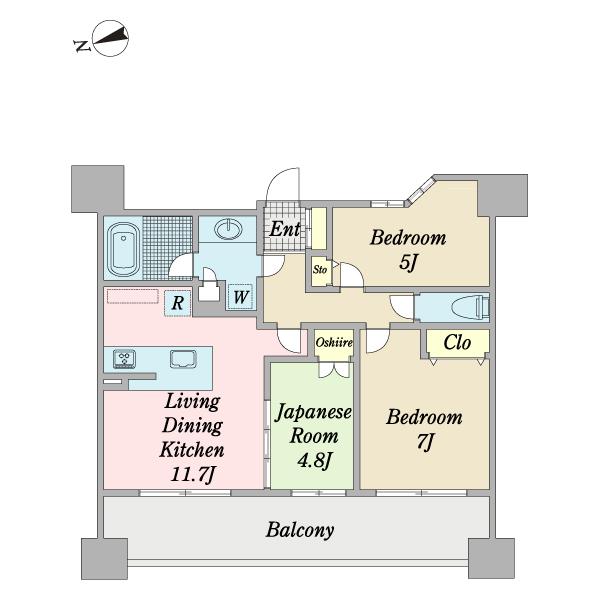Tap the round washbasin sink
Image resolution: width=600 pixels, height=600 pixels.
pos(228,229)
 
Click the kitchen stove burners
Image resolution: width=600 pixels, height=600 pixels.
pos(124,359)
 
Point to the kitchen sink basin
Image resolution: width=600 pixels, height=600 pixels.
pos(183,359)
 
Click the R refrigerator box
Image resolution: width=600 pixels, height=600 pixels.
pos(178,303)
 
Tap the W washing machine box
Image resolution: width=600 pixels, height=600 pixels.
pos(240,297)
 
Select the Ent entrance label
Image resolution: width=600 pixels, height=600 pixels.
pos(285,229)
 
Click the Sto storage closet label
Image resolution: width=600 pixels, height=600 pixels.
pos(320,269)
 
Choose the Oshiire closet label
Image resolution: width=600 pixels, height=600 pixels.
pos(334,342)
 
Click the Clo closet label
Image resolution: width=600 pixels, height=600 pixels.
pos(457,342)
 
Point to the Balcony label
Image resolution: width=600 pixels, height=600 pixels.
pos(300,530)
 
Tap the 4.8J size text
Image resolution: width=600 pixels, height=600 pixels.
pos(314,460)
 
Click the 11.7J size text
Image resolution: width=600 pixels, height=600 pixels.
pos(192,474)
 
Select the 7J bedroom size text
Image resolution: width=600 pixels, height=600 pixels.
pos(425,442)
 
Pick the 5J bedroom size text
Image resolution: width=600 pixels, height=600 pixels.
pos(408,262)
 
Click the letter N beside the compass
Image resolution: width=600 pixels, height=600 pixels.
pos(82,46)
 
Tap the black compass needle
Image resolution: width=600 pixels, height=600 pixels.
pos(110,36)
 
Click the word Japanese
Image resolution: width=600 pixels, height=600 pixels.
pos(313,412)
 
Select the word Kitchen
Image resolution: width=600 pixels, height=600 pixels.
pos(192,450)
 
